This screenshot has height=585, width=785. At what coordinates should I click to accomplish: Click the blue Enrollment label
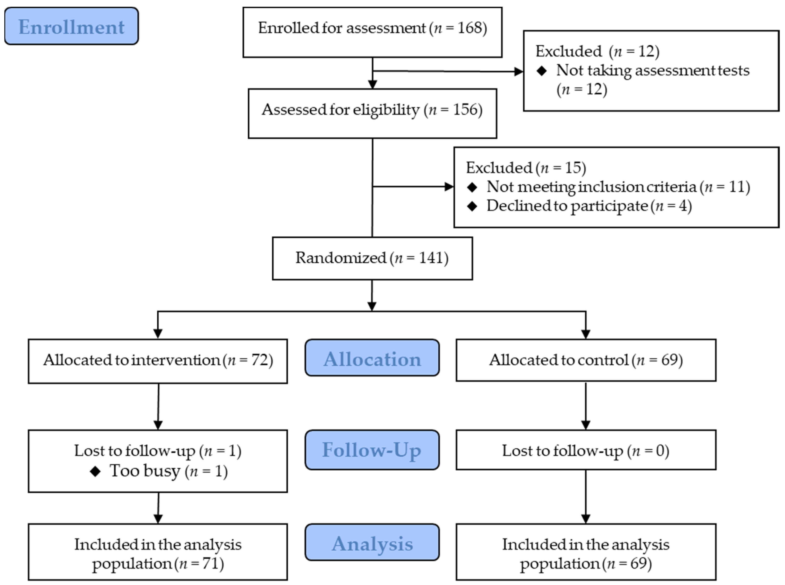tap(71, 26)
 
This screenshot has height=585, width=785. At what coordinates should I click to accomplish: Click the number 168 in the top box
tap(469, 28)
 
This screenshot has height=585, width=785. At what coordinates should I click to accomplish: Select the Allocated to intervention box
tap(158, 361)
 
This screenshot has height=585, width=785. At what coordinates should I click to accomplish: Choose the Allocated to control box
tap(586, 360)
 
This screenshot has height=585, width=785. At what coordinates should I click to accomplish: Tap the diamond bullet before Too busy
tap(95, 471)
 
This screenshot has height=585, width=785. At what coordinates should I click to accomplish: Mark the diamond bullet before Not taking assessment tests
tap(542, 71)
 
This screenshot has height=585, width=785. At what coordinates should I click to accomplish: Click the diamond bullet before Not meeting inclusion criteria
tap(472, 187)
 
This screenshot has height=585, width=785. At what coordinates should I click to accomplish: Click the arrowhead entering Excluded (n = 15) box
tap(449, 187)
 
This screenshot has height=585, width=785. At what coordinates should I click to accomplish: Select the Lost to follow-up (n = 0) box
tap(586, 450)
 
